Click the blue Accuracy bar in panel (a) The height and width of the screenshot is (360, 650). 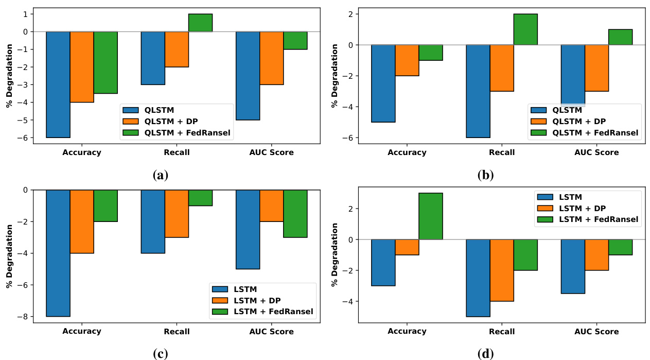pyautogui.click(x=58, y=84)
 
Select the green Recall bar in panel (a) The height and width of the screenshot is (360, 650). pyautogui.click(x=200, y=23)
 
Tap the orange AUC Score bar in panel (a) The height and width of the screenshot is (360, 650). pyautogui.click(x=271, y=58)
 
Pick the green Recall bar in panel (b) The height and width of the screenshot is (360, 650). pyautogui.click(x=525, y=29)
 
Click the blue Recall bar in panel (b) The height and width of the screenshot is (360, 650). pyautogui.click(x=478, y=91)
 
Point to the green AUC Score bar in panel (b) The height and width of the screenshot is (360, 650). pyautogui.click(x=620, y=37)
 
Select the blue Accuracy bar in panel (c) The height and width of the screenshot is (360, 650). pyautogui.click(x=58, y=253)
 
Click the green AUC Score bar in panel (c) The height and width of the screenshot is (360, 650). pyautogui.click(x=295, y=213)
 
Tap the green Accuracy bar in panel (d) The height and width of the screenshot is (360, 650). pyautogui.click(x=431, y=216)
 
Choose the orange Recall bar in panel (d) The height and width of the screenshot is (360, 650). pyautogui.click(x=502, y=270)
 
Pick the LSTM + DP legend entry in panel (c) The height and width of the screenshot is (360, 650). pyautogui.click(x=258, y=300)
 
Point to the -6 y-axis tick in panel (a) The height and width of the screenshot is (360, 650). pyautogui.click(x=23, y=138)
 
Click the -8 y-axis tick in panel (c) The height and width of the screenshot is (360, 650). pyautogui.click(x=23, y=317)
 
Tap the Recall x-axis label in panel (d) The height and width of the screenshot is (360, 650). pyautogui.click(x=502, y=332)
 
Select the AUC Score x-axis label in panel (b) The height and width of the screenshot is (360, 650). pyautogui.click(x=596, y=152)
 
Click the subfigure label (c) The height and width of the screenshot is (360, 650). pyautogui.click(x=161, y=354)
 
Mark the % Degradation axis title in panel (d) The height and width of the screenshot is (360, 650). pyautogui.click(x=335, y=255)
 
